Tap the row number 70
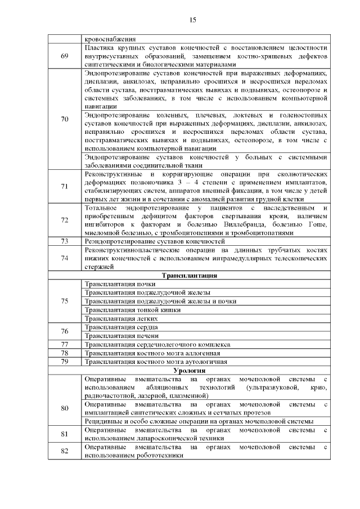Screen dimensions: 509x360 [x=65, y=119]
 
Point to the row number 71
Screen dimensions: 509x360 [x=65, y=186]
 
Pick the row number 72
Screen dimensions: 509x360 [x=65, y=220]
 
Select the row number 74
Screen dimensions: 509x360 [x=65, y=258]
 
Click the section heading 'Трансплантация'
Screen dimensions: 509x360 [x=190, y=276]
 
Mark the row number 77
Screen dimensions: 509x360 [x=65, y=344]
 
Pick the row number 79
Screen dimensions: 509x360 [x=65, y=361]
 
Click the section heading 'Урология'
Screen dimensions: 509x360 [x=189, y=370]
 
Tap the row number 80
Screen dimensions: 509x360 [x=65, y=407]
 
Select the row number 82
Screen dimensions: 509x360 [x=65, y=451]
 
